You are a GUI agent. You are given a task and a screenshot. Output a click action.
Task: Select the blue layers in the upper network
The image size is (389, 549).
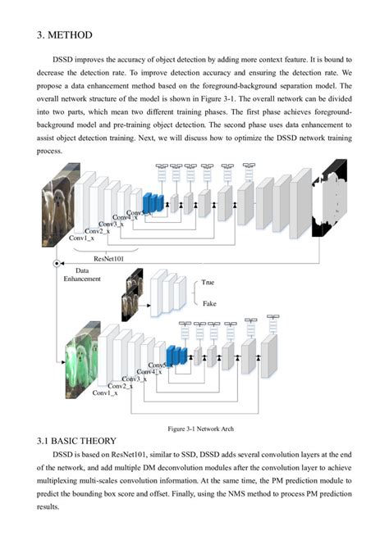coord(151,202)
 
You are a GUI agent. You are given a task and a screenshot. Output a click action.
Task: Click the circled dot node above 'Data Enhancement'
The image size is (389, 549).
coord(56,264)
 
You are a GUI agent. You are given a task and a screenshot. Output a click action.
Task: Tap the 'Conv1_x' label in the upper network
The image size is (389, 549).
coord(80,238)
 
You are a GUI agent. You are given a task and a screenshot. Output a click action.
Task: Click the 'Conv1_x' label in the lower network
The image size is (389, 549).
coord(105,393)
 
